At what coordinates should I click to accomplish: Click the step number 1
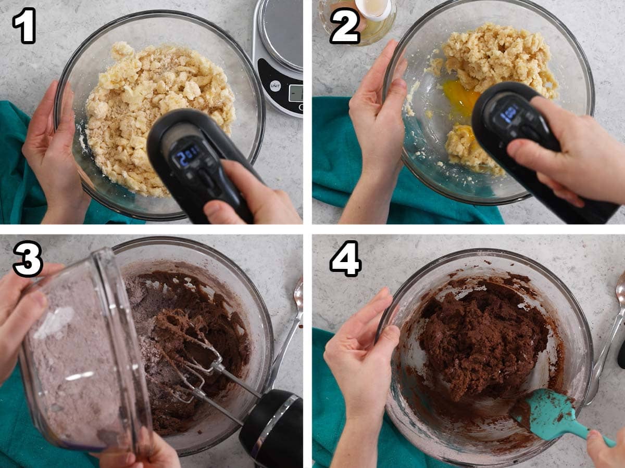click(24, 25)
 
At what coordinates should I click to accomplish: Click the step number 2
click(345, 25)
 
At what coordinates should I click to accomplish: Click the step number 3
click(28, 258)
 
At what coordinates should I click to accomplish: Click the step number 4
click(345, 258)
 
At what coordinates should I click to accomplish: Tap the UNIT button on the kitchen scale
click(275, 86)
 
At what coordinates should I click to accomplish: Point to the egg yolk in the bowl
click(461, 97)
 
